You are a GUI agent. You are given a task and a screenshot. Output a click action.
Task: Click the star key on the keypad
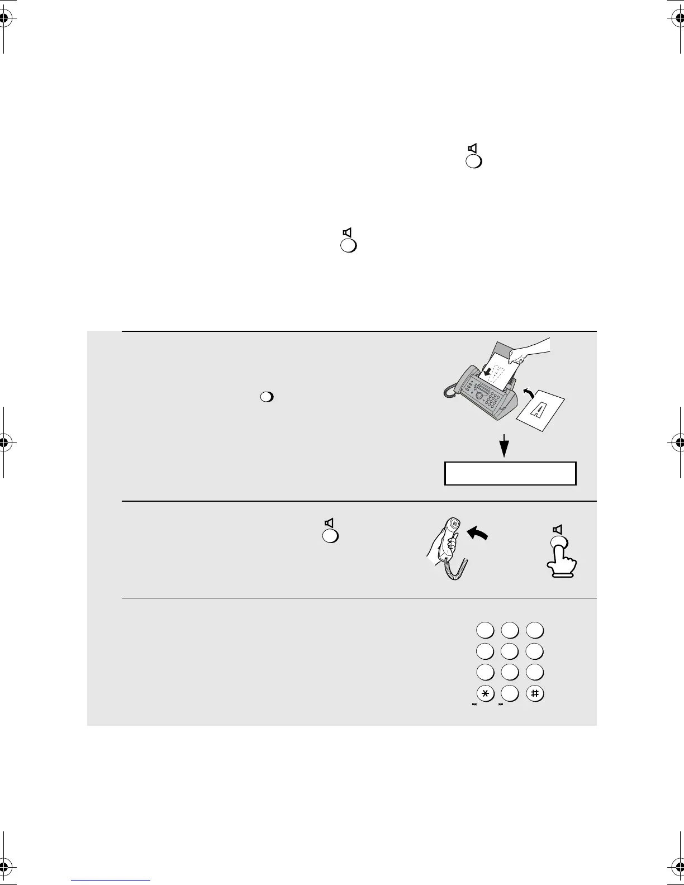click(x=485, y=693)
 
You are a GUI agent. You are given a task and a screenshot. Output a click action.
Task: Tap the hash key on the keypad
click(x=535, y=693)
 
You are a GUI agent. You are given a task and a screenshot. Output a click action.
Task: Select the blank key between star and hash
click(x=510, y=693)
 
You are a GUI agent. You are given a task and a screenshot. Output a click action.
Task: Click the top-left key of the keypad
click(x=485, y=630)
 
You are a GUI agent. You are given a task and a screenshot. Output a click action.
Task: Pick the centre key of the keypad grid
click(x=510, y=651)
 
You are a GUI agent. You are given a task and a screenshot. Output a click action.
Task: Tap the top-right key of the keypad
click(x=535, y=630)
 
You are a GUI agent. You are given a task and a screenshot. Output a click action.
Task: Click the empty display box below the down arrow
click(x=510, y=473)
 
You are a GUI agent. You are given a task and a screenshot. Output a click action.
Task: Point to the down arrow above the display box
click(x=505, y=445)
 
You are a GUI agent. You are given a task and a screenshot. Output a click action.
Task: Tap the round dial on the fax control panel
click(x=479, y=396)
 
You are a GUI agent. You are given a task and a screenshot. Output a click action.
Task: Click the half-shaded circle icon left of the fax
click(x=267, y=397)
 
